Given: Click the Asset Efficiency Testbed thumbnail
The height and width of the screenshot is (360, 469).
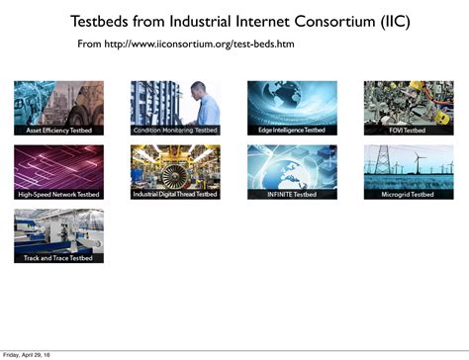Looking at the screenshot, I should tap(58, 108).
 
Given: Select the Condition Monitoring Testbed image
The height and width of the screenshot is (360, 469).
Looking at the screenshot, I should tap(175, 108).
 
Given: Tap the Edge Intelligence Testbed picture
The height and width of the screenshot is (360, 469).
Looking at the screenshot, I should tap(292, 108).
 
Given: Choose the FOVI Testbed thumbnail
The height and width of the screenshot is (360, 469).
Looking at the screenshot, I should tap(409, 108).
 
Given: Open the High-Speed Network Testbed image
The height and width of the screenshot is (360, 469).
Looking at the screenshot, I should tap(58, 172).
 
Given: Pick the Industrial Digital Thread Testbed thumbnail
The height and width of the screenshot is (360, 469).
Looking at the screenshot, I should tap(175, 172).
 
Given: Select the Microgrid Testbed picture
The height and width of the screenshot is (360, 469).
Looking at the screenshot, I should tap(409, 172).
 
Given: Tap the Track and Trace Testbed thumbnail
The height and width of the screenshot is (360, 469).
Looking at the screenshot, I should tap(58, 235).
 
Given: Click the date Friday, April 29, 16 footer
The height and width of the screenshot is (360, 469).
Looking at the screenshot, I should tap(28, 354).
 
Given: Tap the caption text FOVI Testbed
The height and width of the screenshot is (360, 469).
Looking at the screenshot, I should tap(409, 131).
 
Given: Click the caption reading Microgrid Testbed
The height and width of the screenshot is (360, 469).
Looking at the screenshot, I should tap(409, 195).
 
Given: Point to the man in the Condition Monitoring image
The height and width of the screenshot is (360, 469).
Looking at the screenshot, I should tap(199, 104).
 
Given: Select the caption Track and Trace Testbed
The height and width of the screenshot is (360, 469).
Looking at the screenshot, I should tap(58, 258).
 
